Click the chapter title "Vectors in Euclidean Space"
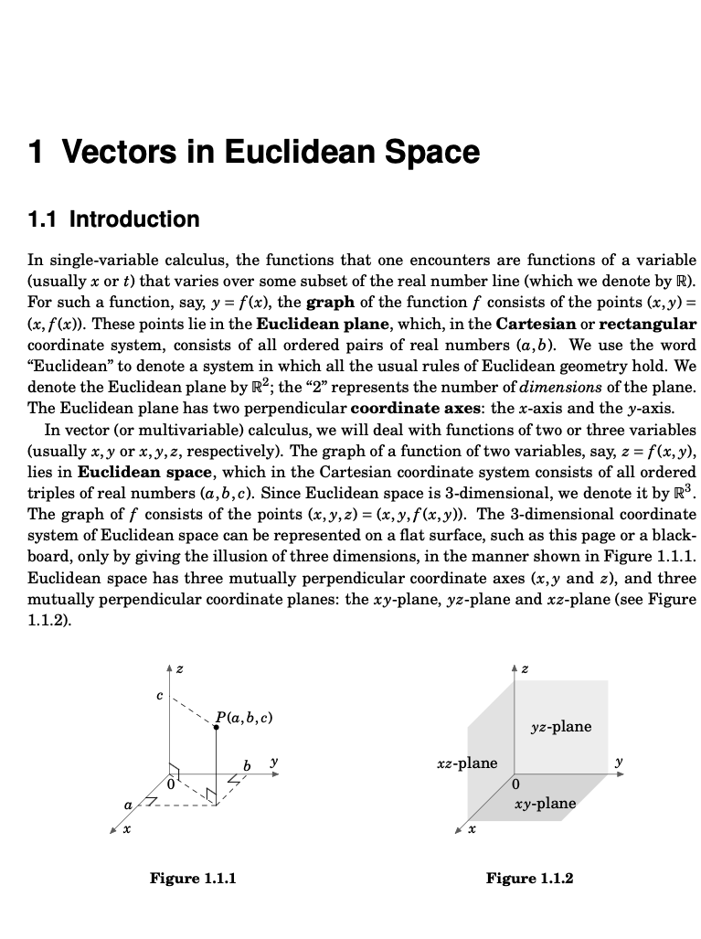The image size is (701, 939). pos(269,152)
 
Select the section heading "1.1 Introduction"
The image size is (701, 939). pos(113,219)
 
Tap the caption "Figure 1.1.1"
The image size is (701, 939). pos(193,879)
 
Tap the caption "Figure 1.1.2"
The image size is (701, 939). pos(529,879)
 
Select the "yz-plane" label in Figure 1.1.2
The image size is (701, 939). pos(560,727)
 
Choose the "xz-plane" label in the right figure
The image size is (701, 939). pos(466,763)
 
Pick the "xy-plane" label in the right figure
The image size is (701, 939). pos(546,804)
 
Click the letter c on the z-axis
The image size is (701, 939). pos(159,696)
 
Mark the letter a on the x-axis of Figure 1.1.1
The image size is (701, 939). pos(129,804)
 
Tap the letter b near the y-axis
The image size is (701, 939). pos(247,763)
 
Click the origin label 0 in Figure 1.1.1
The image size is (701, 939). pos(170,783)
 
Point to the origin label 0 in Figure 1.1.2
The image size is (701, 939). pos(516,784)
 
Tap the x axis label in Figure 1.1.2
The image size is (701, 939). pos(472,832)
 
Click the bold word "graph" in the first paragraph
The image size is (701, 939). pos(330,303)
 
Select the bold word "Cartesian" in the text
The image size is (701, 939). pos(536,324)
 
